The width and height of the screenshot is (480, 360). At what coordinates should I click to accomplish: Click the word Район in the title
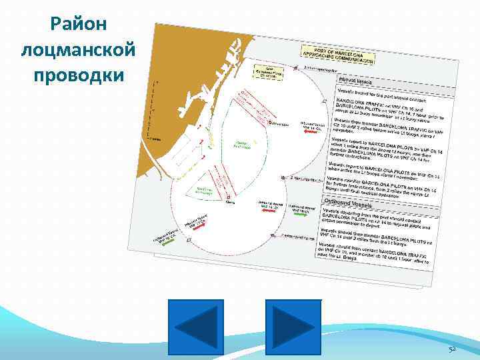click(73, 25)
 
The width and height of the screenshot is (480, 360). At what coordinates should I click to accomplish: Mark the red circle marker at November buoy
click(269, 123)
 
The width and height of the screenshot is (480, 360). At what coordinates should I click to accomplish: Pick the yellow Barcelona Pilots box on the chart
click(269, 72)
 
